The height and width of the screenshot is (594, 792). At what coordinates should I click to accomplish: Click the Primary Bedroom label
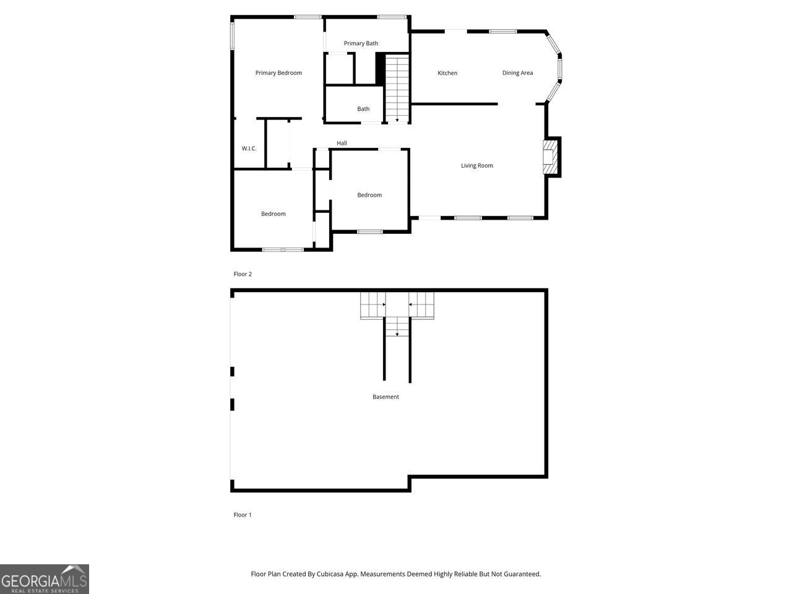[x=278, y=73]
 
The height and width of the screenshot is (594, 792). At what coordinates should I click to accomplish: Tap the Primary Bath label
[x=361, y=43]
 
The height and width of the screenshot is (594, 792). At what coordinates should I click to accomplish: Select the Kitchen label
[x=447, y=73]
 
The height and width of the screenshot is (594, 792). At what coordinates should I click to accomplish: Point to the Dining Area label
[x=517, y=73]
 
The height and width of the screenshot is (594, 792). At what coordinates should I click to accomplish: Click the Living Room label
[x=476, y=166]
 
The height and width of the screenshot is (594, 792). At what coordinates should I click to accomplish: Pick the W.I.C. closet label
[x=249, y=148]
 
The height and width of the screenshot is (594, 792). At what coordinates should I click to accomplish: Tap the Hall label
[x=342, y=144]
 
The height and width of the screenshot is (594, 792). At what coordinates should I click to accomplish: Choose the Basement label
[x=385, y=397]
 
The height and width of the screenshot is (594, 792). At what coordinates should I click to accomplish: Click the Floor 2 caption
[x=243, y=274]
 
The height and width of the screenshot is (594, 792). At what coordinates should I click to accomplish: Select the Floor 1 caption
[x=243, y=515]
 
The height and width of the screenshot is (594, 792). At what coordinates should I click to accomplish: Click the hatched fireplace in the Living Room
[x=549, y=157]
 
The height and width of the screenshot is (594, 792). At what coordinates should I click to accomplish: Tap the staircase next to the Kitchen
[x=397, y=89]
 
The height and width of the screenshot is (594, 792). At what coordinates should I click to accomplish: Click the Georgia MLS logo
[x=45, y=579]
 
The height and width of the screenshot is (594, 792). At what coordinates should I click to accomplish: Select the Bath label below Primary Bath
[x=363, y=109]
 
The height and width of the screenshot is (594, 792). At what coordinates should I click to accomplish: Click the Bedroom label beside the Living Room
[x=369, y=196]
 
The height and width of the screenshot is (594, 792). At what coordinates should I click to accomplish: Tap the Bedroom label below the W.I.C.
[x=273, y=214]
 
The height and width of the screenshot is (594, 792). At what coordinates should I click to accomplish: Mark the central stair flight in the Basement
[x=397, y=327]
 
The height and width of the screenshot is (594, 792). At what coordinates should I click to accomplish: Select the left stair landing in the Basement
[x=372, y=304]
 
